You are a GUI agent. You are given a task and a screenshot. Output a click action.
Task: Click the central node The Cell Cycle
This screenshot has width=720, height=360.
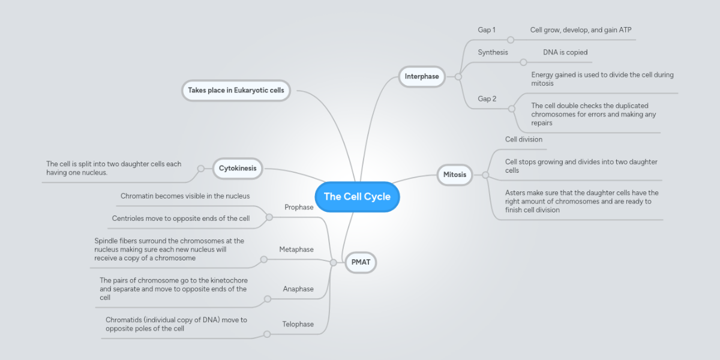[x=357, y=197]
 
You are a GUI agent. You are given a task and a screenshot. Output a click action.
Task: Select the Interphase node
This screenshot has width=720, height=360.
[x=422, y=77]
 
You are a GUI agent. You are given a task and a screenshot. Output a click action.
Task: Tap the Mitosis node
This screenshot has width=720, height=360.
[x=454, y=175]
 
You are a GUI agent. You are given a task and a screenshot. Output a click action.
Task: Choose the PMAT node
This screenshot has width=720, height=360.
[x=361, y=262]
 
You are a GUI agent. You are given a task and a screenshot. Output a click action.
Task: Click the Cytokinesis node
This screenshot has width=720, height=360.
[x=238, y=169]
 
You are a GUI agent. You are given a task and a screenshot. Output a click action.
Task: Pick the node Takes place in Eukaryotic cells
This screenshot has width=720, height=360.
[x=236, y=91]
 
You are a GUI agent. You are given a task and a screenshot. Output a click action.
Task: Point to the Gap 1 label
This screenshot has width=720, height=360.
[x=487, y=30]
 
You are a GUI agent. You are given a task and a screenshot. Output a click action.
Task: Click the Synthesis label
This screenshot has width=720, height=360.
[x=493, y=52]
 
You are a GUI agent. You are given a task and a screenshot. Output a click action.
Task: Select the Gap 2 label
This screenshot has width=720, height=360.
[x=487, y=99]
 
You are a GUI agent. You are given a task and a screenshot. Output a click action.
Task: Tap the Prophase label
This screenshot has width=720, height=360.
[x=299, y=208]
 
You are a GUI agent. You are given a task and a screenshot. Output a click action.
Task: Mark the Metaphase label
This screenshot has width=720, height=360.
[x=296, y=250]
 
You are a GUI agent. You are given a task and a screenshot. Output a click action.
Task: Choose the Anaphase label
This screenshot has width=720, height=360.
[x=298, y=289]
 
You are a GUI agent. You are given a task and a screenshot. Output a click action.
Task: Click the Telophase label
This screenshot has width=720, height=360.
[x=298, y=325]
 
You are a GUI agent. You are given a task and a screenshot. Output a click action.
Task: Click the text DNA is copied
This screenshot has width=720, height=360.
[x=565, y=52]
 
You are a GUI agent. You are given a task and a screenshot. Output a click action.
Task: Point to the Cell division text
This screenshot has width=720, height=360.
[x=524, y=139]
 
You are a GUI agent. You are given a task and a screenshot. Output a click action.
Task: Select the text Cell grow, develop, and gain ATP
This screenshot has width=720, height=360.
[x=581, y=30]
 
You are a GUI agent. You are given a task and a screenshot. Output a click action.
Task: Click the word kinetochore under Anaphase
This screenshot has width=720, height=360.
[x=225, y=280]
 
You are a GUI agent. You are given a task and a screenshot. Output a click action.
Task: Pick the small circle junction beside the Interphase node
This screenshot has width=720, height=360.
[x=458, y=77]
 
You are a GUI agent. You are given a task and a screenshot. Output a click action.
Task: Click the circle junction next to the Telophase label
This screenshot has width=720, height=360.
[x=268, y=334]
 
